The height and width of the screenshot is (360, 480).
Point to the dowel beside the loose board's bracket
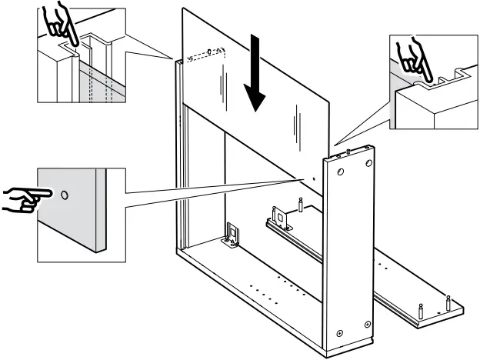[x=299, y=204]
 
